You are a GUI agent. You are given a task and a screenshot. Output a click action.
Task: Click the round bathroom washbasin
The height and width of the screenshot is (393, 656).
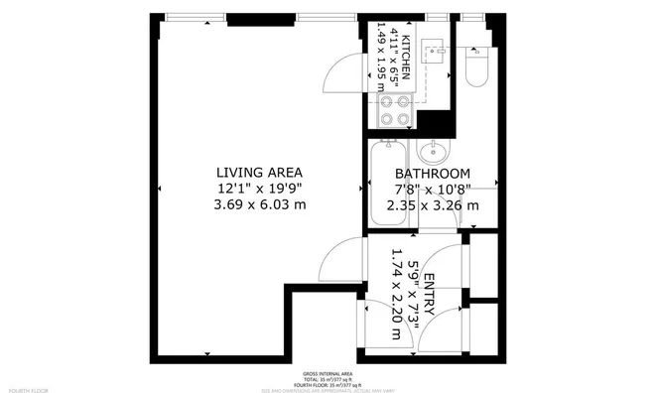(x=433, y=153)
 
